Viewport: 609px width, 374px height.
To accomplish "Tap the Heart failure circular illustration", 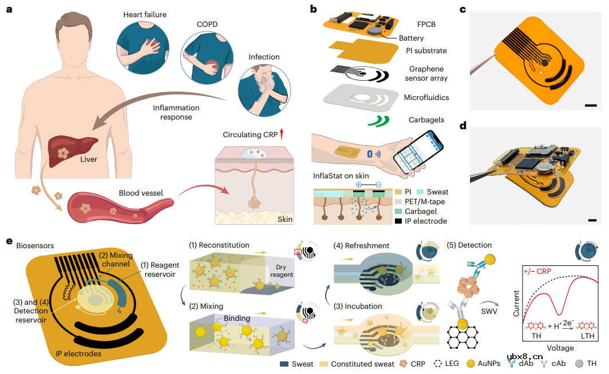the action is (143, 47).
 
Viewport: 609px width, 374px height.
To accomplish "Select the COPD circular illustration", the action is (207, 58).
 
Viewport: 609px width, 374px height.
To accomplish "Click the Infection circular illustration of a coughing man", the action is (264, 90).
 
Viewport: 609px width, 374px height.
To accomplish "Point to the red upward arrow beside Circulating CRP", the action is (282, 134).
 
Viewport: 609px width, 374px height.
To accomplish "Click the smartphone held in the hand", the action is (418, 152).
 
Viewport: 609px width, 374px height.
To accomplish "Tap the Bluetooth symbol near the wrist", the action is (370, 154).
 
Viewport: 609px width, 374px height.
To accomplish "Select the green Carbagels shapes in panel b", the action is (379, 121).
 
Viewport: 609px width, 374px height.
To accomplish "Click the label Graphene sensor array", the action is (426, 73).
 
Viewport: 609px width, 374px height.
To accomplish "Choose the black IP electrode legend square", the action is (398, 221).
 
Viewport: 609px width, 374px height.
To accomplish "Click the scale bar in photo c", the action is (590, 105).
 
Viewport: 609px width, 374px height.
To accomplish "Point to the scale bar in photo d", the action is (592, 220).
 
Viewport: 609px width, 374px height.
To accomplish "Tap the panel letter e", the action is (9, 241).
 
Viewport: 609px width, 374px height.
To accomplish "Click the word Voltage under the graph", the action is (560, 348).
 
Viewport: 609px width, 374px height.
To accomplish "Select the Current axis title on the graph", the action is (516, 303).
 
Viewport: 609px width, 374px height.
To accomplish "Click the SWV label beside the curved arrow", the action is (489, 311).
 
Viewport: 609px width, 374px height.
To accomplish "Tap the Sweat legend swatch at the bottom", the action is (284, 364).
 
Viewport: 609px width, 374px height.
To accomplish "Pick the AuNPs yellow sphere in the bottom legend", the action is (470, 364).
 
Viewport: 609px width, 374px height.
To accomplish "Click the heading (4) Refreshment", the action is (361, 245).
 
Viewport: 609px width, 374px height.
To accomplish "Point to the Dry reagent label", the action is (282, 271).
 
